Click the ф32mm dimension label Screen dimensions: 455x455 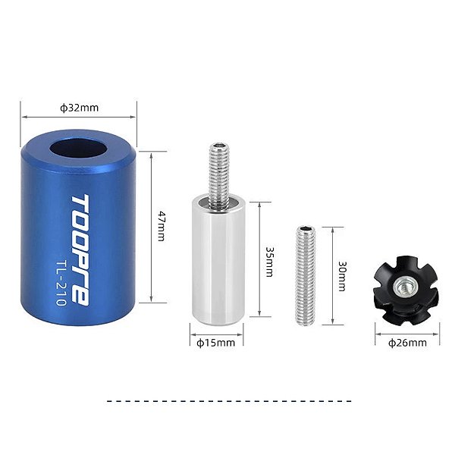click(x=79, y=108)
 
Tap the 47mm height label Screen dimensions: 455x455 click(x=162, y=226)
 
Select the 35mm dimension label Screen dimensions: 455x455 click(x=269, y=262)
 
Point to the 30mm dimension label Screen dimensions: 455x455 click(x=343, y=276)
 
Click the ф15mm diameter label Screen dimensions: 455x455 click(x=215, y=343)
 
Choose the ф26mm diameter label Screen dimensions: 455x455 click(x=407, y=343)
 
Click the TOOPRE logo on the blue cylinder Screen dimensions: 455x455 click(x=80, y=250)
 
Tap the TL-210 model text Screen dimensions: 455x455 click(x=61, y=282)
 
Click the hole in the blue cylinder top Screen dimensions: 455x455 click(x=78, y=149)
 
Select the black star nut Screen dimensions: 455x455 click(x=406, y=286)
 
